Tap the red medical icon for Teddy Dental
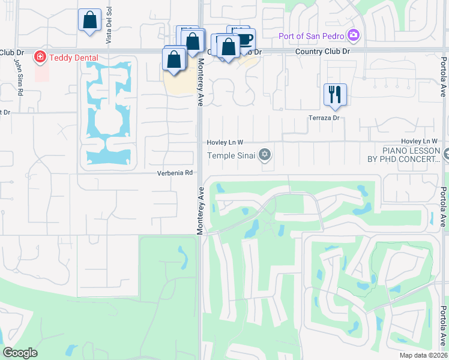coord(40,58)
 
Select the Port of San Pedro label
coord(313,35)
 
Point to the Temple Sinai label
coord(231,156)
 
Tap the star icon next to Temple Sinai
coord(265,156)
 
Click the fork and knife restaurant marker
coord(335,94)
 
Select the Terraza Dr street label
coord(324,118)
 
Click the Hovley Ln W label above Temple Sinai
coord(224,142)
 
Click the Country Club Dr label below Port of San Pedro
coord(322,52)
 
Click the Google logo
coord(20,353)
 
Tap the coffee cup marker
coord(245,39)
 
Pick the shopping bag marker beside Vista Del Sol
coord(89,20)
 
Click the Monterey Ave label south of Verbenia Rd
coord(200,209)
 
